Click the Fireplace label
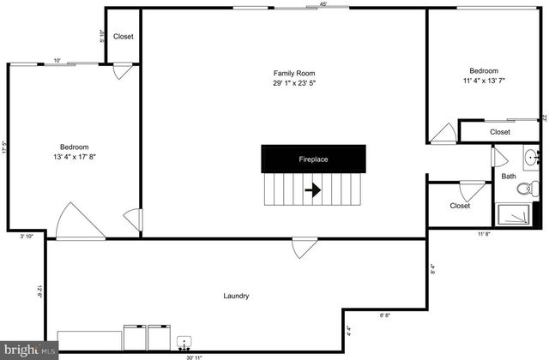[x=313, y=159]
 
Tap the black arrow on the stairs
[x=313, y=190]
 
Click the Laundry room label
[x=236, y=296]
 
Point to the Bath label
[x=509, y=177]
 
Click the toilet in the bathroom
[x=531, y=187]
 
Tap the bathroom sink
[x=531, y=157]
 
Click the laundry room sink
[x=184, y=342]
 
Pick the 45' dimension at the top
[x=323, y=4]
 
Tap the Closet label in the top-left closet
[x=124, y=37]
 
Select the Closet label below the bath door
[x=460, y=206]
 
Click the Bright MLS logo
[x=29, y=350]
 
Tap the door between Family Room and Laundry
[x=301, y=248]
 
